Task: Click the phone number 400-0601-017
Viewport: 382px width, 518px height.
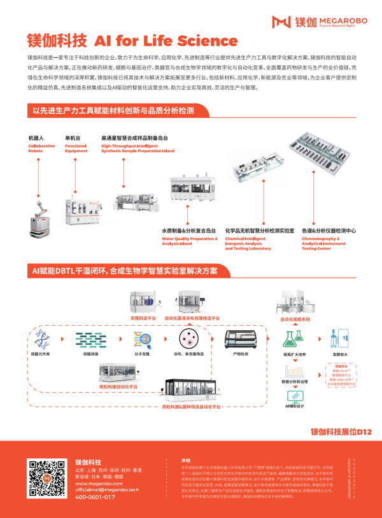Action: click(95, 497)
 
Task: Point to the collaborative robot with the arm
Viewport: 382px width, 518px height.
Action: click(40, 210)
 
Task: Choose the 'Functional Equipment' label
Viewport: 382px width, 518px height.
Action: click(76, 148)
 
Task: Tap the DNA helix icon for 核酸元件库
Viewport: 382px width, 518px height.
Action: click(43, 339)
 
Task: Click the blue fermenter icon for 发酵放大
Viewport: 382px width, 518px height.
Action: click(336, 337)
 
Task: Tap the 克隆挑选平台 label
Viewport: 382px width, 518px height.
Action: click(144, 318)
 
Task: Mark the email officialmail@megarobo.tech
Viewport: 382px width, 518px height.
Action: click(106, 489)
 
